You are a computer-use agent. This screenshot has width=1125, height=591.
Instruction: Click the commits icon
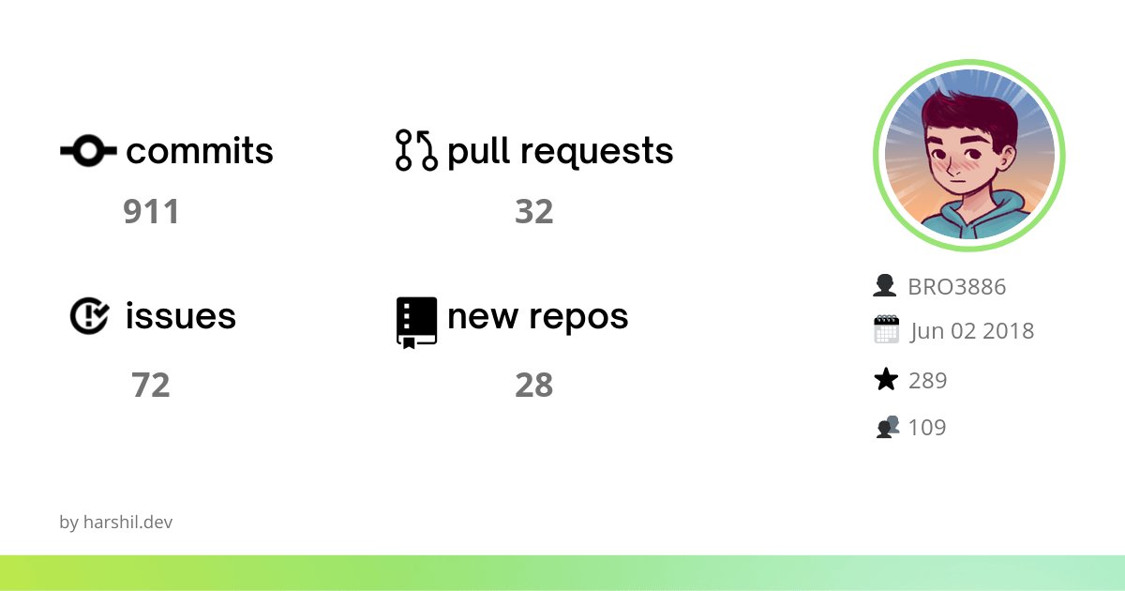88,150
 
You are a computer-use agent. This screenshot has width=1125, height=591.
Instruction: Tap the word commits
200,151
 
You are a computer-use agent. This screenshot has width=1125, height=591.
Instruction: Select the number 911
151,212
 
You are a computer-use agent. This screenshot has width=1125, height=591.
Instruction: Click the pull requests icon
416,150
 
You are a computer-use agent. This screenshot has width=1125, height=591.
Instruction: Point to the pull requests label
560,151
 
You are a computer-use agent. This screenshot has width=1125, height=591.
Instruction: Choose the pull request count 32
533,212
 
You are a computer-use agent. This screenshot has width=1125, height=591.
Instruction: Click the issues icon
89,316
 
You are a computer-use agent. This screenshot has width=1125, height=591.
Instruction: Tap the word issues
181,316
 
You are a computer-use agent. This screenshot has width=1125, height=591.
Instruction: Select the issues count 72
151,385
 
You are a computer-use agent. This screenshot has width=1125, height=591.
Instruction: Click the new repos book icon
416,322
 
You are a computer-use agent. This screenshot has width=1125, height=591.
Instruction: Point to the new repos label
537,317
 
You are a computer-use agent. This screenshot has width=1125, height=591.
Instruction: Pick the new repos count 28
533,385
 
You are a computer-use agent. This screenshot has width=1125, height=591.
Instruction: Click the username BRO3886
956,287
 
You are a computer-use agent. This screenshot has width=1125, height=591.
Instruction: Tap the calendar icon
886,330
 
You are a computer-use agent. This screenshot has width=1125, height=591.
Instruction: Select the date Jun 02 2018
971,331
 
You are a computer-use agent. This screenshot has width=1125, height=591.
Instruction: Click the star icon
885,380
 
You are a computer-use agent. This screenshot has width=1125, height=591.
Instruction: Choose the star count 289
927,381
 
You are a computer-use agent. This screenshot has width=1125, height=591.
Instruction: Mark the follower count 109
927,428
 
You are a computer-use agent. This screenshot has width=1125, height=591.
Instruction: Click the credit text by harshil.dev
115,523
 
